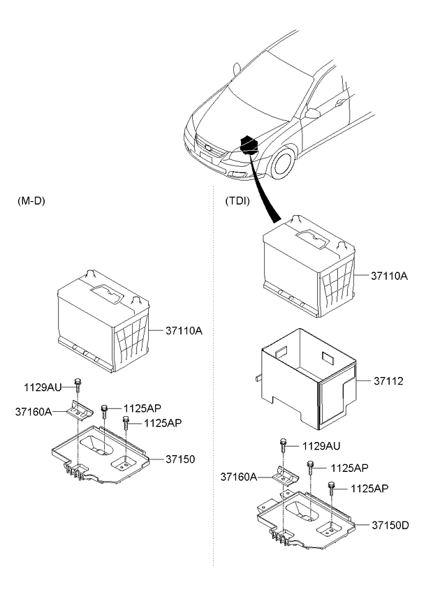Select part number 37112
point(389,382)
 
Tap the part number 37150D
point(390,524)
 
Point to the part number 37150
point(180,459)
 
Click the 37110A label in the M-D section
point(184,330)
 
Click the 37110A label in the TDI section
point(389,276)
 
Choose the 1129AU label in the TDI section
point(321,445)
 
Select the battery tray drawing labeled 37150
point(105,457)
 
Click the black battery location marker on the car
point(249,145)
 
